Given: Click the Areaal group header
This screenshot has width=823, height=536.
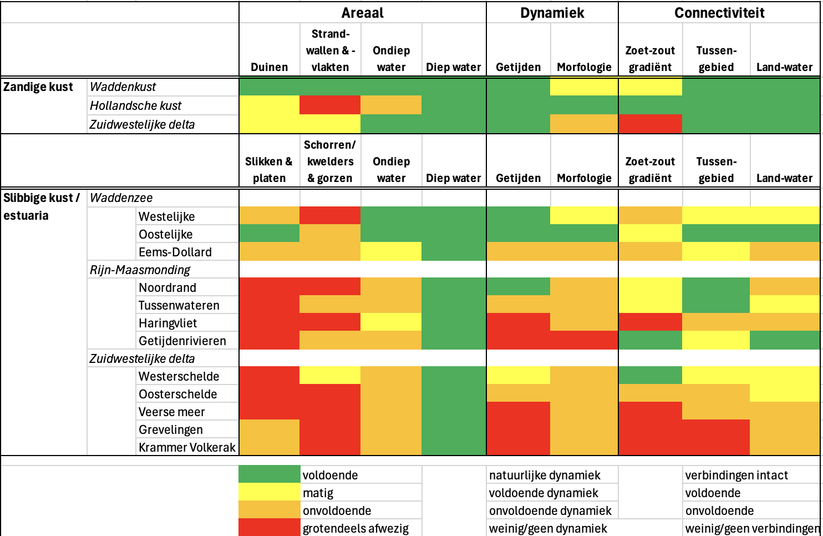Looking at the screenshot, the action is coord(362,13).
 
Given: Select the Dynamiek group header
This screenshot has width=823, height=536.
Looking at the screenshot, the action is coord(552,13).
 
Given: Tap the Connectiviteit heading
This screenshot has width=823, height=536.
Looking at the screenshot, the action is coord(719,13).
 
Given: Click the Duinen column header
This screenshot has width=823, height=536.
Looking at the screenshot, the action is coord(270,67).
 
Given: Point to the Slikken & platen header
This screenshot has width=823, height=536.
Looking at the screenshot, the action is coord(269,169).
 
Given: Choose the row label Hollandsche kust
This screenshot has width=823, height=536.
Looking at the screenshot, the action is coord(135,105).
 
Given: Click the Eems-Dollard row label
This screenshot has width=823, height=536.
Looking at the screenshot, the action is coord(175,252).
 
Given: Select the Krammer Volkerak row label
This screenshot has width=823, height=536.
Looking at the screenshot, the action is coord(187,447).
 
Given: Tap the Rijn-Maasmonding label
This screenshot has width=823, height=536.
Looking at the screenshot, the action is coord(140,270).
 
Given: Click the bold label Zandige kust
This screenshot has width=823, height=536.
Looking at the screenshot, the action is coord(38,87).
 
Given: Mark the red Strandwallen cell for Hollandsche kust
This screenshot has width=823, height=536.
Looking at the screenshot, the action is coord(330,105).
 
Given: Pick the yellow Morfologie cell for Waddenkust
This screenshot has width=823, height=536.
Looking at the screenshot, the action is coord(584,87).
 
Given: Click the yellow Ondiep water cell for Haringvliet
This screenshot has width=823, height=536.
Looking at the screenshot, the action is coord(391,322).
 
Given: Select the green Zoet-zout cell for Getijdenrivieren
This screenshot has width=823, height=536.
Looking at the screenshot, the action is coord(651,340).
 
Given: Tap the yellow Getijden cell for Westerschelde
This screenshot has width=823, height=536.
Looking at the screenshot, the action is coord(519,375).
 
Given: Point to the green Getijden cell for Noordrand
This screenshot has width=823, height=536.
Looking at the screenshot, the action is coord(519,286).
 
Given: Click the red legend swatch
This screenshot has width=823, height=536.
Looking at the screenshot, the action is coord(270,527).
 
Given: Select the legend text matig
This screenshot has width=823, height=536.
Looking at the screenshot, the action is coord(318,493).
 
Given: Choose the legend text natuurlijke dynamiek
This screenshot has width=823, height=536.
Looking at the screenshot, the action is coord(545,475).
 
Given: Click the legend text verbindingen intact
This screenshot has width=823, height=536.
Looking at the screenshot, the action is coord(736,475).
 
